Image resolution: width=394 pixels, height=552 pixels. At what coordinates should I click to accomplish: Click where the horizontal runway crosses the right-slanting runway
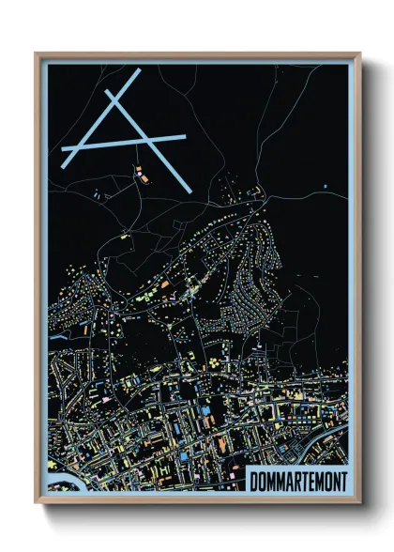[149, 140]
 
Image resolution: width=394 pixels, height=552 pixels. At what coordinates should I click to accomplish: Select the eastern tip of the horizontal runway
[184, 136]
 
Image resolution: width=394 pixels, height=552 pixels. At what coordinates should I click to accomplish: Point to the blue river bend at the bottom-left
[58, 486]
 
